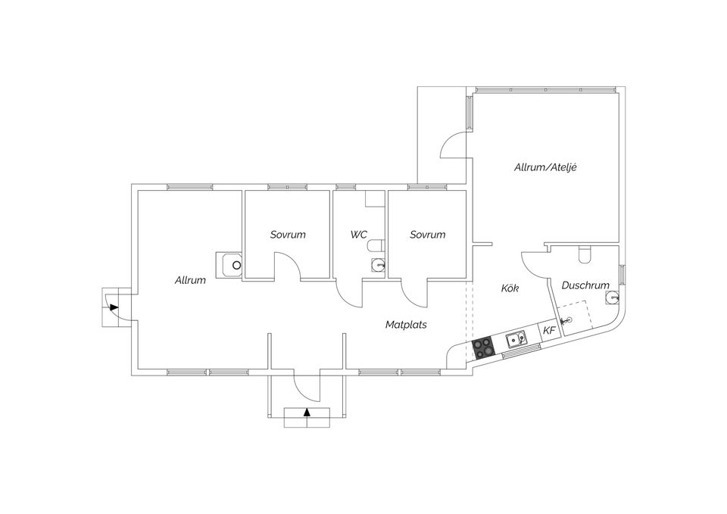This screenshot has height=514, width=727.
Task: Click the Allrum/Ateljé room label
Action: point(545,167)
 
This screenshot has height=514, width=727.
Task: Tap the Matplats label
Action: point(406,325)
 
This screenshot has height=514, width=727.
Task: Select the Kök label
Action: point(510,288)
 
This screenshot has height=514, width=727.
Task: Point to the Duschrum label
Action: point(585,285)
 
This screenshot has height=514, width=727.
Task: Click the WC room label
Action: point(359,235)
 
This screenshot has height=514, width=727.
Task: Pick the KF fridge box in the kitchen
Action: point(549,331)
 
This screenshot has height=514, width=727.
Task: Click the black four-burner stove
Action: point(482,347)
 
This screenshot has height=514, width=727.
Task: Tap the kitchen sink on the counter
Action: point(516,341)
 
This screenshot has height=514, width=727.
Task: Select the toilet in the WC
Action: point(376,245)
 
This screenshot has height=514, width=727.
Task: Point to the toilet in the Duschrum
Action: point(585,254)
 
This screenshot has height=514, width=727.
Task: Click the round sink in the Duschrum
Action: point(613,297)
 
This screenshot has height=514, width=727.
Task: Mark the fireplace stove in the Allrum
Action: point(229,265)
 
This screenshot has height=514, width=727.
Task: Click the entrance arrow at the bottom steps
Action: point(307,412)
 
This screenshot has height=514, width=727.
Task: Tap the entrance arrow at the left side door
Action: point(114,307)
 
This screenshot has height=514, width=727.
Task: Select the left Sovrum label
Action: point(288,235)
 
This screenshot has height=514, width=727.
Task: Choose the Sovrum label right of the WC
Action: point(427,235)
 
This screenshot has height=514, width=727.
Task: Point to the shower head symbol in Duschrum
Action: point(565,320)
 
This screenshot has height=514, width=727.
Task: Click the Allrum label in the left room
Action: point(190,280)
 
